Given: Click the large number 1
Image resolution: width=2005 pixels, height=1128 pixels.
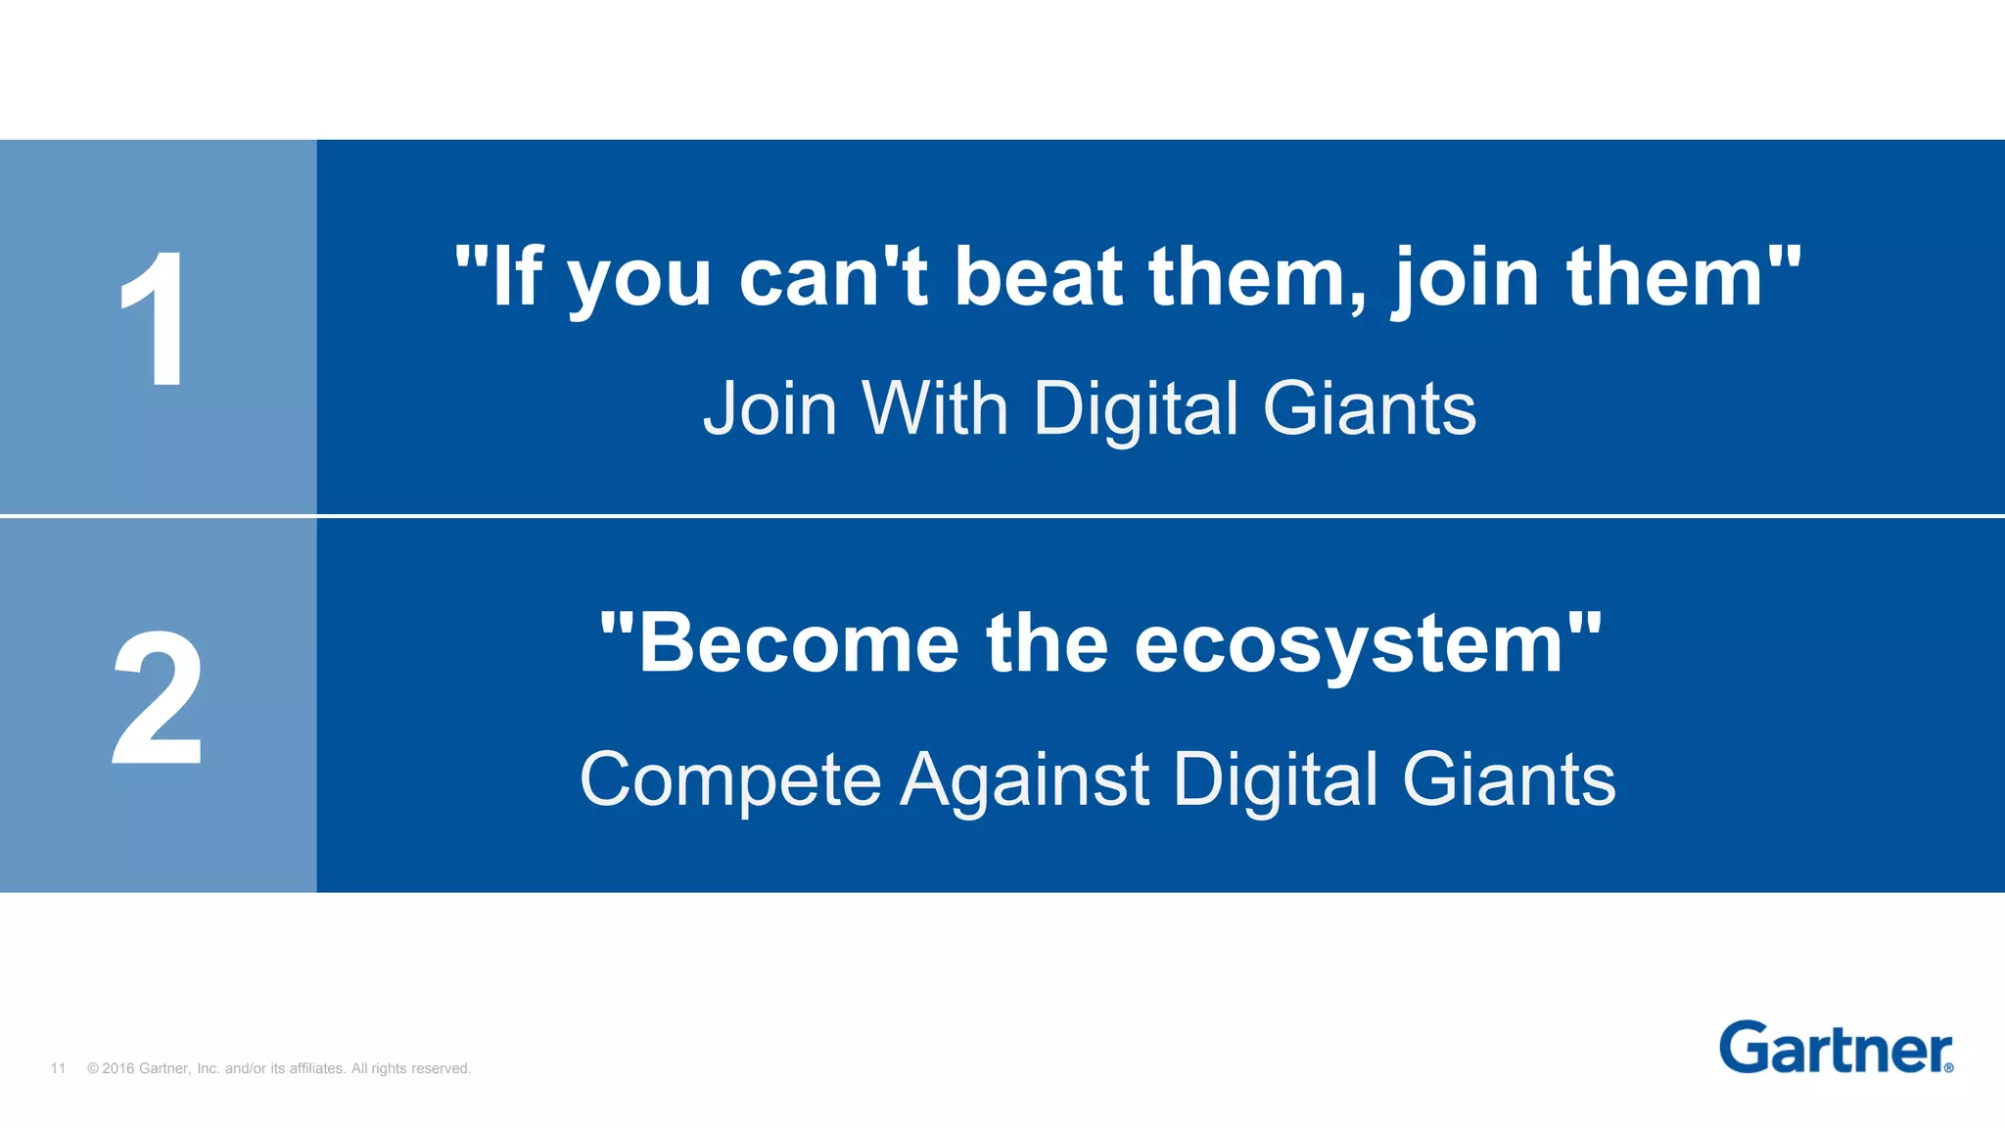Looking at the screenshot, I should tap(156, 318).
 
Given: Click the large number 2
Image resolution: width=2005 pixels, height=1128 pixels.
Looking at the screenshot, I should tap(158, 697).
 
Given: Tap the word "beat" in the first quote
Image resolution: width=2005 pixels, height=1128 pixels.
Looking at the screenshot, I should tap(1038, 278).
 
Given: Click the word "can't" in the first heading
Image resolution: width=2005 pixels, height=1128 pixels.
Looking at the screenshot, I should tap(833, 278).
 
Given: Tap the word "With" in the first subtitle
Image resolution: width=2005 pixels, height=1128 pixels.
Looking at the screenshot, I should tap(934, 408).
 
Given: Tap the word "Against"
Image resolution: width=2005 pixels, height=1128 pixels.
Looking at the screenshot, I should tap(1024, 780).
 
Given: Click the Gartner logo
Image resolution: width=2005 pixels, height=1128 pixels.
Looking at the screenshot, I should tap(1835, 1049).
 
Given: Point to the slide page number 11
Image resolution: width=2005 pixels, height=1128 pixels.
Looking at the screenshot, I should tap(58, 1068).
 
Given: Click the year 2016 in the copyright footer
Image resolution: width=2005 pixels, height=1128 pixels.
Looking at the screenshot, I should tap(117, 1068).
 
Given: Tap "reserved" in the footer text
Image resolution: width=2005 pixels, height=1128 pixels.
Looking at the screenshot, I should tap(443, 1068).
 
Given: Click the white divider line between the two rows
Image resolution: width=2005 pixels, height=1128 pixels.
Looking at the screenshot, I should tap(1002, 515).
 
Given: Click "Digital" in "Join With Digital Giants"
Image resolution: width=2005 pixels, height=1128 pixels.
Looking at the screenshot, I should tap(1136, 408).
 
